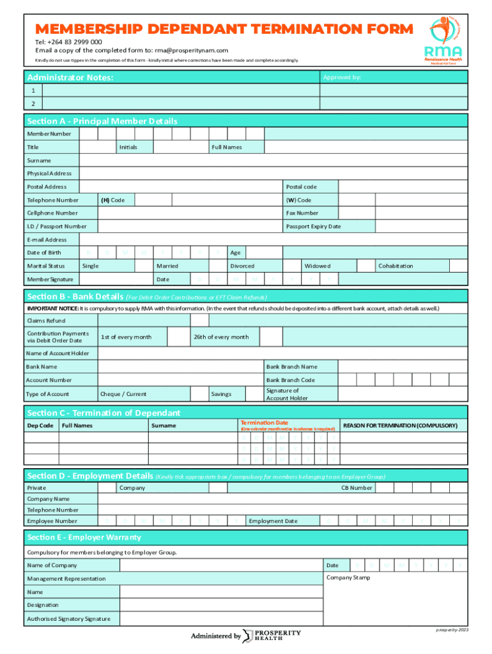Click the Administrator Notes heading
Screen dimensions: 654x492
point(70,77)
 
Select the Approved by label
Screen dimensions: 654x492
point(342,77)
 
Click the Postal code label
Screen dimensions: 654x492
point(301,186)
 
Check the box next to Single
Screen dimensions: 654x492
point(140,266)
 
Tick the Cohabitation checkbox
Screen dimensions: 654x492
point(458,266)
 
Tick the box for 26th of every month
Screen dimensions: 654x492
point(271,337)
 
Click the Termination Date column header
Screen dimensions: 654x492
point(264,423)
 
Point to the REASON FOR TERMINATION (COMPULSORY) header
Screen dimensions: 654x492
point(400,425)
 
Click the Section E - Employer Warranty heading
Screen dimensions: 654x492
point(84,537)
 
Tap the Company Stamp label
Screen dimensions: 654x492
point(348,577)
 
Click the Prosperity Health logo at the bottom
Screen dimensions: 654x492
point(272,635)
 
